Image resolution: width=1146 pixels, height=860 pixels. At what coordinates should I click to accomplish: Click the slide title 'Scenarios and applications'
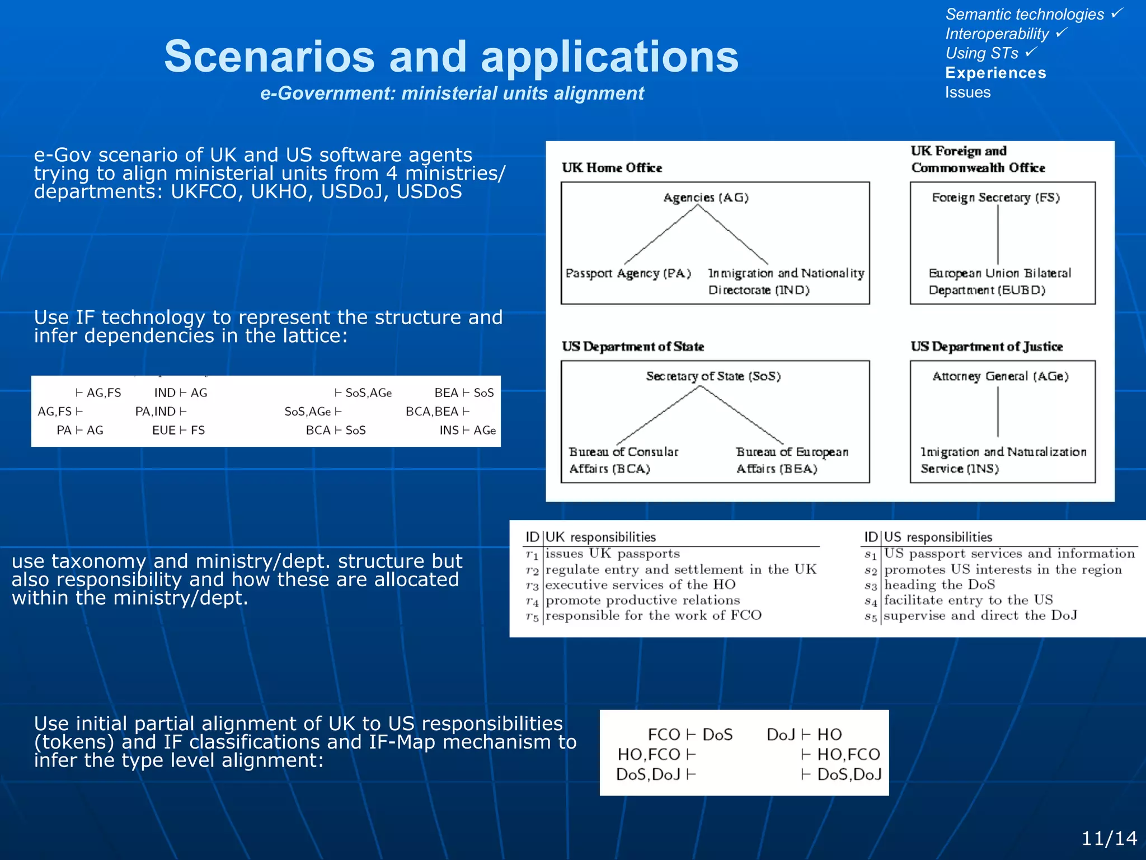(x=451, y=57)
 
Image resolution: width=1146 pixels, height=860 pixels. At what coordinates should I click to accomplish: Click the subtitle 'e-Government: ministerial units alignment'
(x=452, y=93)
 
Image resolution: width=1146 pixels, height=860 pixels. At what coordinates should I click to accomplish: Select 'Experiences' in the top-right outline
(x=995, y=73)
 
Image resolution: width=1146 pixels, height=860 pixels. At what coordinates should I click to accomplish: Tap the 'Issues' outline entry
(x=967, y=92)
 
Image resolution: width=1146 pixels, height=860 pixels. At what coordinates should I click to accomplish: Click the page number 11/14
(x=1109, y=838)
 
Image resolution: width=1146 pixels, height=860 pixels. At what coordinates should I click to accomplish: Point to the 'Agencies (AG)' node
(x=706, y=198)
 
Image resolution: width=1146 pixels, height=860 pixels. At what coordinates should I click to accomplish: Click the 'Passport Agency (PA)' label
(x=628, y=273)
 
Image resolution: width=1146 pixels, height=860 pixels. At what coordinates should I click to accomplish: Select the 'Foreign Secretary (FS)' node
(x=995, y=198)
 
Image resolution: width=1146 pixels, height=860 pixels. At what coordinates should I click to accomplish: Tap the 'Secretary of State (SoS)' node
(x=713, y=376)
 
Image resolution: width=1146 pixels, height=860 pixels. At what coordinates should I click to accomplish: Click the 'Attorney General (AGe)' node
(x=1000, y=376)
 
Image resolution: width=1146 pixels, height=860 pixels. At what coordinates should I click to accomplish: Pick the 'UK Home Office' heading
(x=612, y=168)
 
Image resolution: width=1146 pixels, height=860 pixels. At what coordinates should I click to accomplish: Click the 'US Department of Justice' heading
(x=986, y=347)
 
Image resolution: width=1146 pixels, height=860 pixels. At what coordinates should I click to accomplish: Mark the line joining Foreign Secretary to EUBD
(x=998, y=235)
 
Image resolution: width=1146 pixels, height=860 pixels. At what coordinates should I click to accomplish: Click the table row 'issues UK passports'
(x=612, y=554)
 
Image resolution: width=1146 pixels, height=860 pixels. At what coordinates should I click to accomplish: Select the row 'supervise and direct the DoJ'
(x=980, y=615)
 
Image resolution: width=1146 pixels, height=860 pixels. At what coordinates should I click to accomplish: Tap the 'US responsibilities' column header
(x=938, y=537)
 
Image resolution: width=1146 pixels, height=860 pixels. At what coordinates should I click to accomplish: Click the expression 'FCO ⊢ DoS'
(x=689, y=735)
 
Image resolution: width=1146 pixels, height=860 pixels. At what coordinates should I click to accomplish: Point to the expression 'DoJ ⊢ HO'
(x=804, y=735)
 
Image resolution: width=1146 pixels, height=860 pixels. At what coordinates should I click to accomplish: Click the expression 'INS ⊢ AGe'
(x=467, y=430)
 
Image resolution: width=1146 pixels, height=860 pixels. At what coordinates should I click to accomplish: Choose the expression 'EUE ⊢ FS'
(x=179, y=430)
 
